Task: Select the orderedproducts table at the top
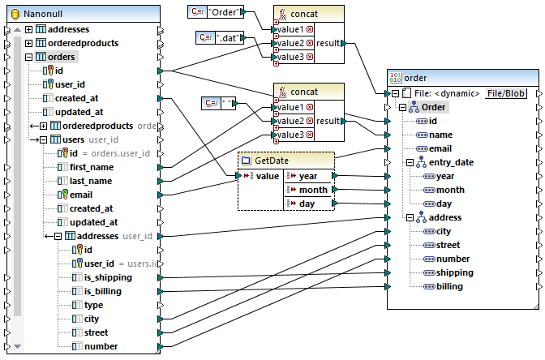click(84, 43)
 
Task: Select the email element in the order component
click(440, 148)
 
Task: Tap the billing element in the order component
click(449, 286)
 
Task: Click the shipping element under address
click(454, 272)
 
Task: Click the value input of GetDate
click(267, 176)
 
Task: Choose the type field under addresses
click(93, 305)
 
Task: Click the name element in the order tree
click(440, 135)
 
